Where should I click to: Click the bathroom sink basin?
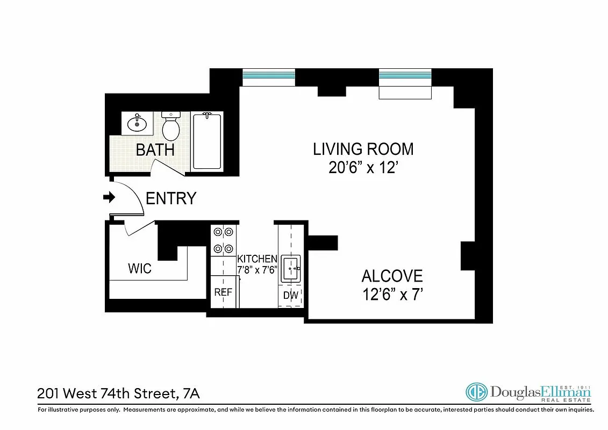137,124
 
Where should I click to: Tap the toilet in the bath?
171,127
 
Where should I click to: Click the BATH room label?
155,149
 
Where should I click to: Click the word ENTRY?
171,198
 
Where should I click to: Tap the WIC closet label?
139,268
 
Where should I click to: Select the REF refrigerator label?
223,292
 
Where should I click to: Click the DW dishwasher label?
291,295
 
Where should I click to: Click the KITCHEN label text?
257,259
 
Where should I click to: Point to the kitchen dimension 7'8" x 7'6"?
257,270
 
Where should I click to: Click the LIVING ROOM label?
363,149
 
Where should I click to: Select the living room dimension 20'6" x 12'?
363,168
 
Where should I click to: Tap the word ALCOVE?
392,276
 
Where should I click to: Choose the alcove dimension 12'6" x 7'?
392,295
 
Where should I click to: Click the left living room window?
269,76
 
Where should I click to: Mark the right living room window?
405,76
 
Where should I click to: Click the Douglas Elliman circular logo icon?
476,392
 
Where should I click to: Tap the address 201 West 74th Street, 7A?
118,393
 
